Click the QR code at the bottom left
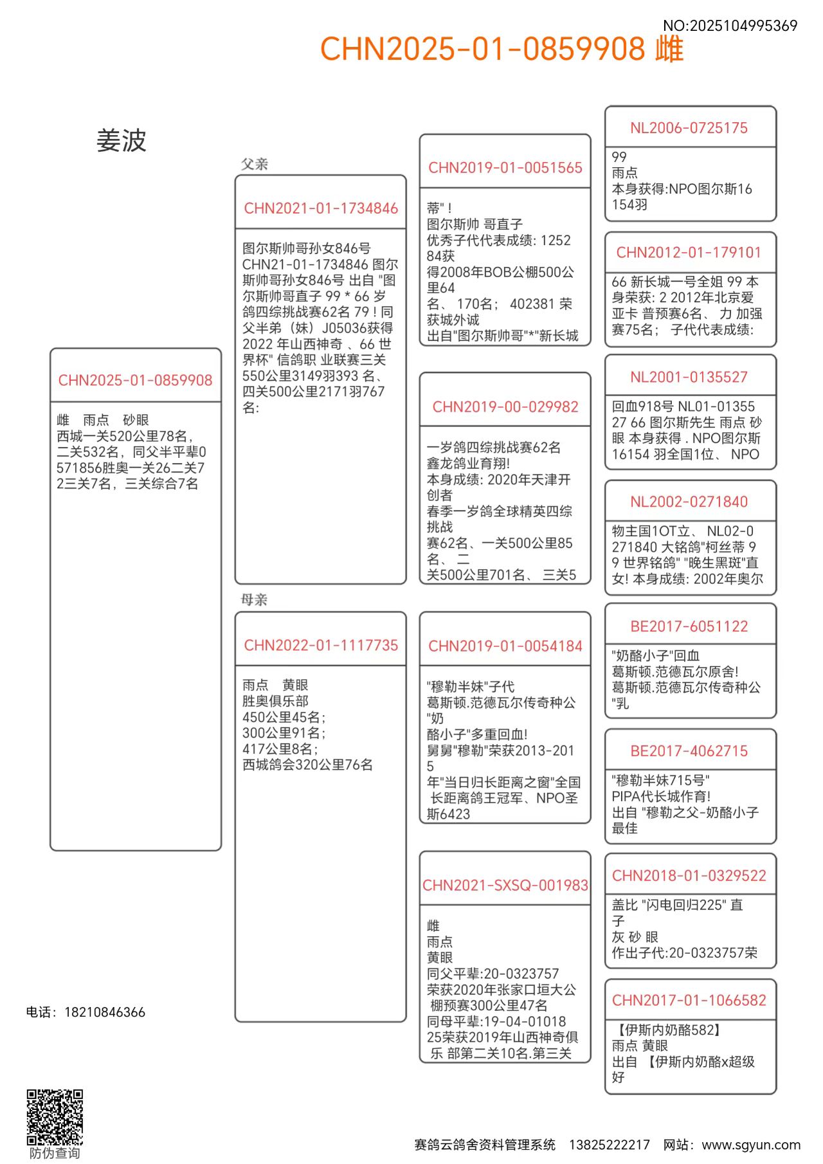(55, 1117)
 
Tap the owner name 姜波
(122, 141)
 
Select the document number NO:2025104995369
(730, 26)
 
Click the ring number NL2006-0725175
(689, 128)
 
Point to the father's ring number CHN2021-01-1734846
(321, 208)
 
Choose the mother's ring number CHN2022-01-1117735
(321, 645)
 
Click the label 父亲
(255, 164)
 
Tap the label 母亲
(255, 600)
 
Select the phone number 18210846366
(105, 1012)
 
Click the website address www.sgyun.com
(751, 1145)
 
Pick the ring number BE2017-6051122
(689, 626)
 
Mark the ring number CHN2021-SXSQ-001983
(505, 886)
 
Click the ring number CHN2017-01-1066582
(689, 1000)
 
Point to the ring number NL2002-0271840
(689, 502)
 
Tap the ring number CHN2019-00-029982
(505, 406)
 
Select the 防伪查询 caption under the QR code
(55, 1153)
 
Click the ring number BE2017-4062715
(689, 751)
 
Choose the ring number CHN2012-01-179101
(689, 252)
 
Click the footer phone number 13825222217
(609, 1145)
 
